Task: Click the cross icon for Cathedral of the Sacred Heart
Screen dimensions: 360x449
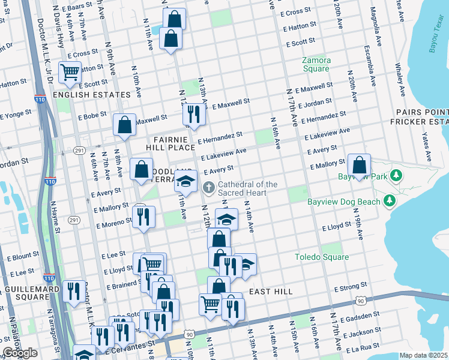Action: coord(209,188)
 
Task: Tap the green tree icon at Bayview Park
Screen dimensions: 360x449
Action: coord(395,176)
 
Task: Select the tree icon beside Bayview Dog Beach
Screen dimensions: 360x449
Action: coord(390,201)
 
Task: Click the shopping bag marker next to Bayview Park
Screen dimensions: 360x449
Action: coord(359,166)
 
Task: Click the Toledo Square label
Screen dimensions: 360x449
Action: coord(322,257)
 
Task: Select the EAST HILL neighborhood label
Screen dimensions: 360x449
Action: coord(271,292)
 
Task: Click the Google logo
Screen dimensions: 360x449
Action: coord(20,353)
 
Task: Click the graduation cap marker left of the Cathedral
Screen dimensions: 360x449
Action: coord(186,181)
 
